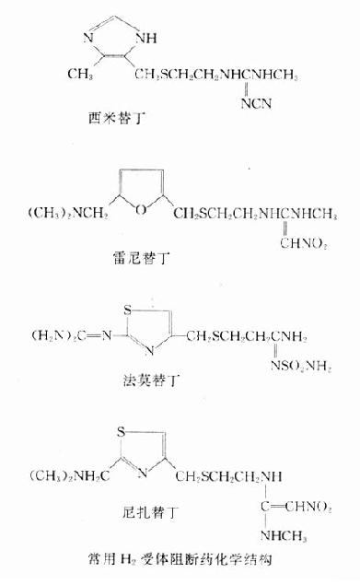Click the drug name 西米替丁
click(x=110, y=119)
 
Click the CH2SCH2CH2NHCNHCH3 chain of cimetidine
click(x=231, y=74)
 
